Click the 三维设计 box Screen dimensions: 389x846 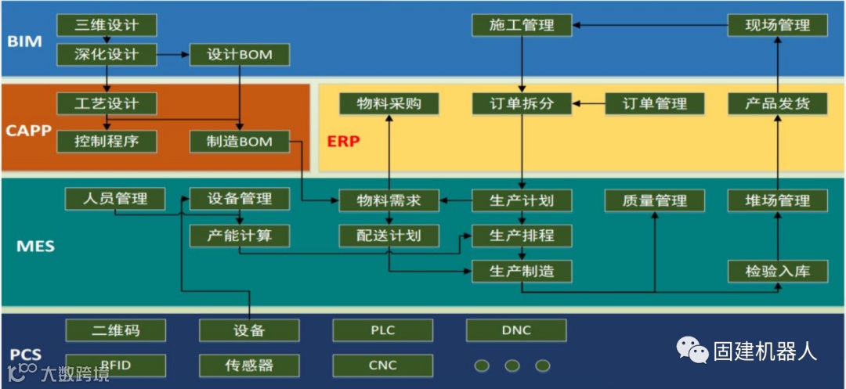(x=107, y=25)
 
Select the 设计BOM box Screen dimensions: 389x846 (x=240, y=55)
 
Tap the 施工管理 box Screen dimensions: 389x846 (x=522, y=25)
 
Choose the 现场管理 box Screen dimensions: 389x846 (x=778, y=25)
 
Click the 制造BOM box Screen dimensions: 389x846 (x=240, y=142)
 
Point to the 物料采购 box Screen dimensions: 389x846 (x=389, y=103)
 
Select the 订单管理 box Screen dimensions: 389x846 (x=655, y=103)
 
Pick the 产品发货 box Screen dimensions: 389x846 (x=778, y=103)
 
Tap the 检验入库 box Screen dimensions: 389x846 (x=778, y=272)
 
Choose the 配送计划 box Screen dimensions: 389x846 (x=389, y=236)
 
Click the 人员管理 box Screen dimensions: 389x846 (x=115, y=199)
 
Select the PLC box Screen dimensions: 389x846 (x=382, y=330)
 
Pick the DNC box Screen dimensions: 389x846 (x=515, y=330)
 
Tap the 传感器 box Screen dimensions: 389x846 (x=249, y=365)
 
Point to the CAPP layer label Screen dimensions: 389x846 (x=28, y=130)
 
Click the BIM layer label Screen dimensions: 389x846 (x=24, y=41)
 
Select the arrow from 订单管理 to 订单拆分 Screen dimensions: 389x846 (x=589, y=103)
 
